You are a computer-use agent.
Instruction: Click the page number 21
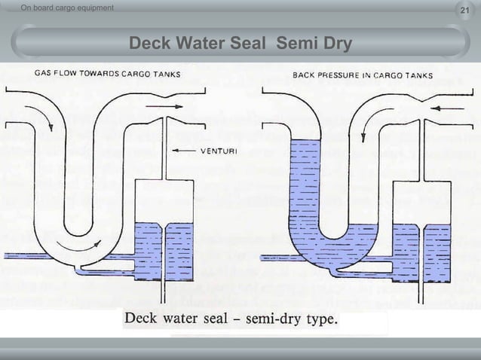(x=464, y=8)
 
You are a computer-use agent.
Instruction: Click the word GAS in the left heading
(x=42, y=75)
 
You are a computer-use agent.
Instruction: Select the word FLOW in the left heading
(x=64, y=75)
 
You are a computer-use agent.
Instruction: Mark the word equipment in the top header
(x=92, y=8)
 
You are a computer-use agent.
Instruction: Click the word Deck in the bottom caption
(x=142, y=319)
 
